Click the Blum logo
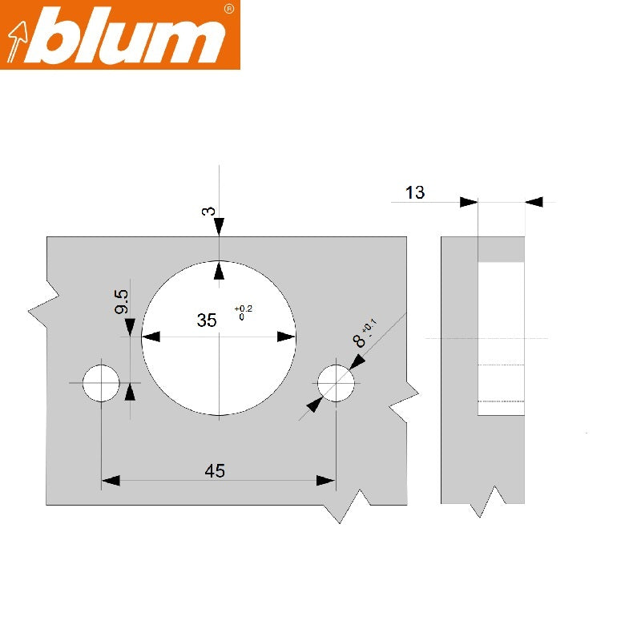[120, 35]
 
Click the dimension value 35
[207, 320]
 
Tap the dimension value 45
[214, 471]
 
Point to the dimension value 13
[415, 192]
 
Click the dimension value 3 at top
[208, 211]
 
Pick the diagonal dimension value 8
[359, 341]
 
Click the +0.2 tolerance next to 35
[243, 309]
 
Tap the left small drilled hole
[101, 383]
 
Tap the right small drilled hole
[337, 384]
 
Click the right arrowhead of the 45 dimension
[325, 481]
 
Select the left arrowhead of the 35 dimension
[151, 337]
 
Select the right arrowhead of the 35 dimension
[286, 337]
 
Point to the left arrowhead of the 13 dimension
[469, 203]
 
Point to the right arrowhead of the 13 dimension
[534, 203]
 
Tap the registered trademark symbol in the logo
[228, 9]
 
